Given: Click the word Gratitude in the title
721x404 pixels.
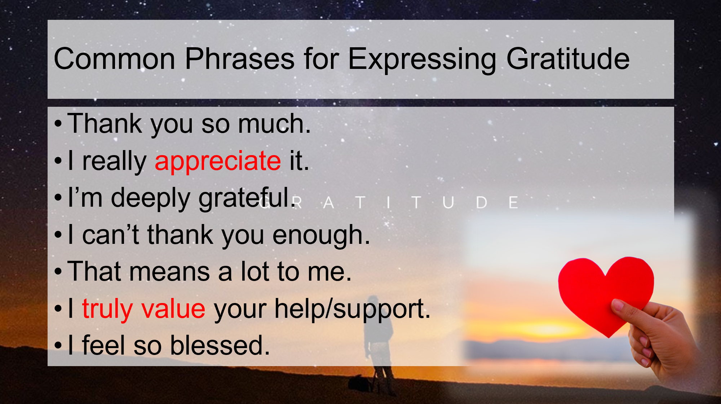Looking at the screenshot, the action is point(568,59).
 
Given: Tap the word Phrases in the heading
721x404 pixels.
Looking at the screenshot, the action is point(240,59).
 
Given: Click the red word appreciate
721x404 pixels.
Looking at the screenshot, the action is point(218,161).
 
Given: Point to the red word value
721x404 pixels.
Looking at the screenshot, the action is point(173,309).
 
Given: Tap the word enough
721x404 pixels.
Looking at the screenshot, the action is point(321,235).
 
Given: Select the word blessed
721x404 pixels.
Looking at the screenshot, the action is point(220,346).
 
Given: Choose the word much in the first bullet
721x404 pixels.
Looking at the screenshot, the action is point(274,124).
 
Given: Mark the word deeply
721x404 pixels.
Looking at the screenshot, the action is point(151,198).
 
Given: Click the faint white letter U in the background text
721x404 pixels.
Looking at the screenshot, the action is point(448,203).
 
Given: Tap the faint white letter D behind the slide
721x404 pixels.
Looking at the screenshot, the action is point(482,203).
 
